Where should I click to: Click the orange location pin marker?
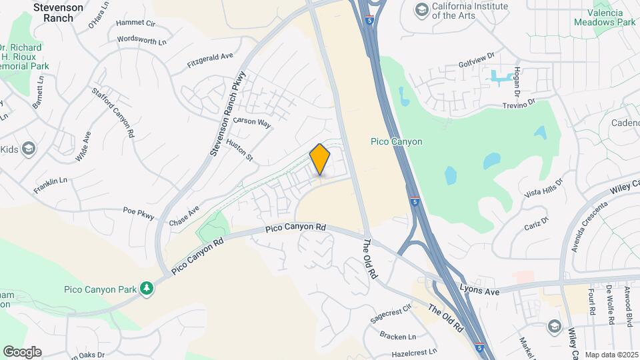pyautogui.click(x=320, y=159)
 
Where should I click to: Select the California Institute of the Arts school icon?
pyautogui.click(x=421, y=9)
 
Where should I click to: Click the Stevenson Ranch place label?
pyautogui.click(x=59, y=13)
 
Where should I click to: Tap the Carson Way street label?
pyautogui.click(x=256, y=123)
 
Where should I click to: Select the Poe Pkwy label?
pyautogui.click(x=139, y=213)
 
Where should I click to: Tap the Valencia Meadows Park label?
pyautogui.click(x=605, y=17)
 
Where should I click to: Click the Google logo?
pyautogui.click(x=22, y=351)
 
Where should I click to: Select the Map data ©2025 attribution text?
pyautogui.click(x=611, y=355)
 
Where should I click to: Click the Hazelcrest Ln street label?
pyautogui.click(x=414, y=351)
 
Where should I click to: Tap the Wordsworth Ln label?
pyautogui.click(x=141, y=40)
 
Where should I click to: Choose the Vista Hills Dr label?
pyautogui.click(x=543, y=187)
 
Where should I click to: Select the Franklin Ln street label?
pyautogui.click(x=51, y=185)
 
